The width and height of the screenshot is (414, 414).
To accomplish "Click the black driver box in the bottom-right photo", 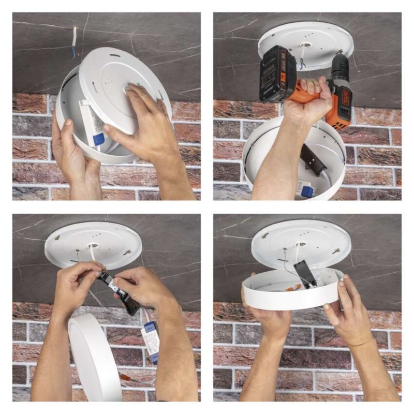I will tap(306, 273).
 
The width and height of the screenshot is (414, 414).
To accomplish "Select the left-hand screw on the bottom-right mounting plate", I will tap(265, 235).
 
